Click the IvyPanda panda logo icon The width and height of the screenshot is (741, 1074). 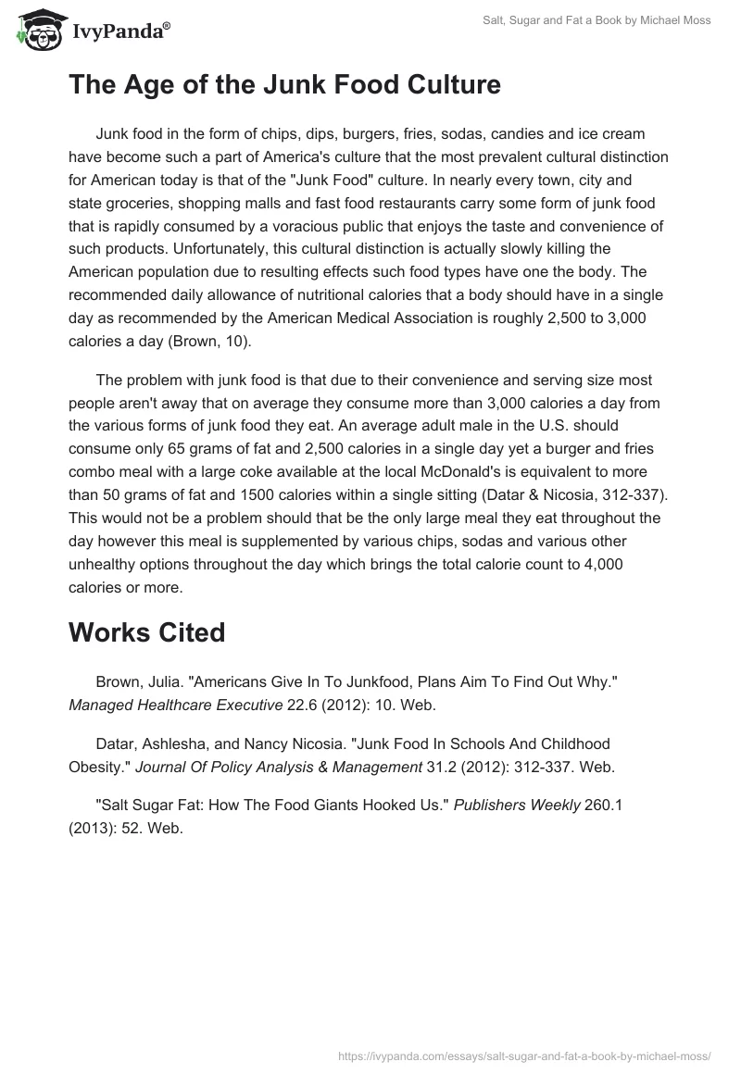pos(34,30)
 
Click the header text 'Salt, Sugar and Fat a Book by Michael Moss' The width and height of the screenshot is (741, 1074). pos(597,20)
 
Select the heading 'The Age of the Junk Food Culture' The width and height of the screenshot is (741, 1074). pos(284,85)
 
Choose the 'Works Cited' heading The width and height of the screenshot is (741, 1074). pos(146,632)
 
